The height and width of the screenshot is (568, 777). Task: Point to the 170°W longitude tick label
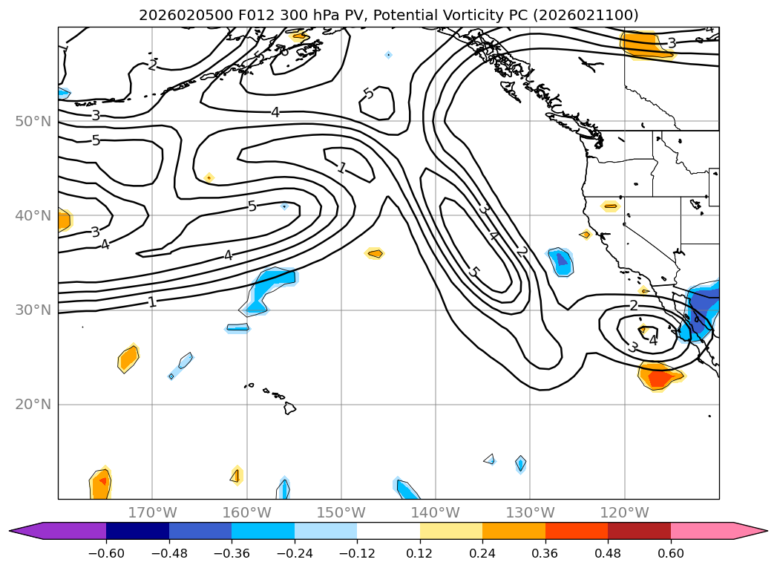pyautogui.click(x=152, y=512)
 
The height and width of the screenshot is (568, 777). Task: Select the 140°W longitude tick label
pyautogui.click(x=436, y=512)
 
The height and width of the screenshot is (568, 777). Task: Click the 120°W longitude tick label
pyautogui.click(x=624, y=512)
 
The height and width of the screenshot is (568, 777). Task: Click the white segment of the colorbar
pyautogui.click(x=388, y=531)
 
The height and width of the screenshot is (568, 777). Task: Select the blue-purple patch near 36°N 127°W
pyautogui.click(x=561, y=261)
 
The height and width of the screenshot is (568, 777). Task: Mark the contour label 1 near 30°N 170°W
pyautogui.click(x=152, y=302)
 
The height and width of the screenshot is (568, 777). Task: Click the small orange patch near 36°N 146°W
pyautogui.click(x=375, y=253)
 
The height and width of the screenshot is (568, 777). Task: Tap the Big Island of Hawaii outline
pyautogui.click(x=289, y=408)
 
